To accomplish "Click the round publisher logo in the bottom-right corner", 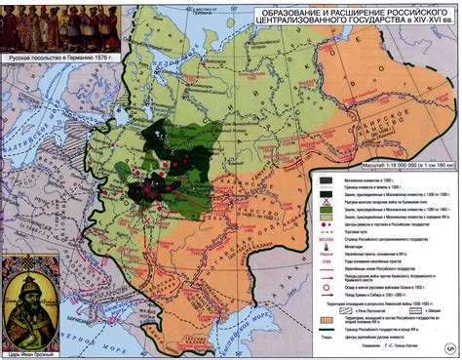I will [x=450, y=348].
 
